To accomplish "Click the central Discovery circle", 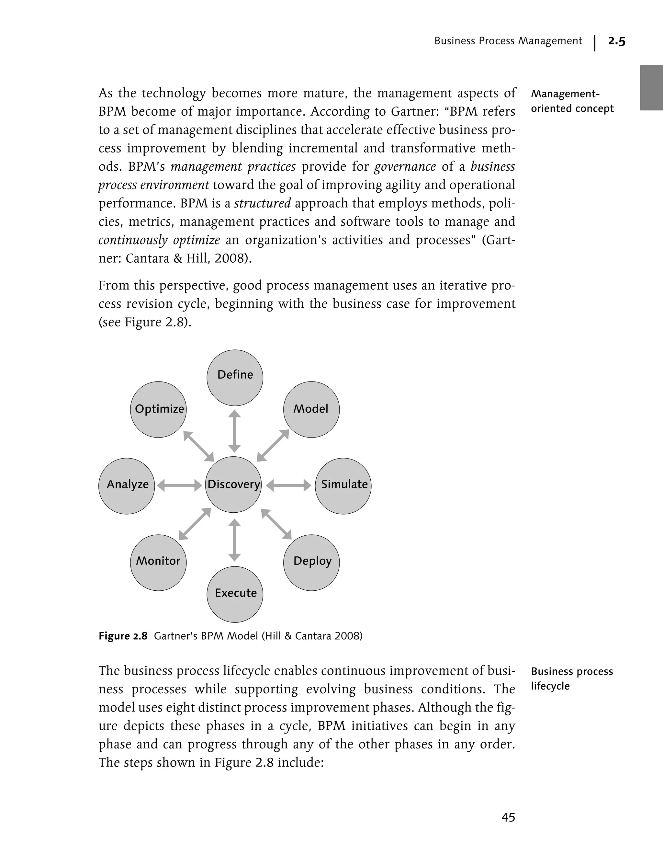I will (234, 484).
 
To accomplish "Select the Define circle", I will (235, 377).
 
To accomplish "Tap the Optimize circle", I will (158, 409).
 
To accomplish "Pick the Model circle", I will (311, 409).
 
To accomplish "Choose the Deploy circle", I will (311, 562).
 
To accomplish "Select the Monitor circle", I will (158, 562).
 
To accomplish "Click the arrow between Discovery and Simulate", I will (288, 485).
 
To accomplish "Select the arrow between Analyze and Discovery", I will (180, 485).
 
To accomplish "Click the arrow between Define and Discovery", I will (235, 431).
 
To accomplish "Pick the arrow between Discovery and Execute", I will (235, 540).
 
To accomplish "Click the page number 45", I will (508, 817).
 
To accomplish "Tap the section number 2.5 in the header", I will (616, 41).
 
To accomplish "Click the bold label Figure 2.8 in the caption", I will (123, 636).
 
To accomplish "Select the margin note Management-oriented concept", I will (571, 101).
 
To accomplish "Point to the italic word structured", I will (263, 203).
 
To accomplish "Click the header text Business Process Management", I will (508, 41).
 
